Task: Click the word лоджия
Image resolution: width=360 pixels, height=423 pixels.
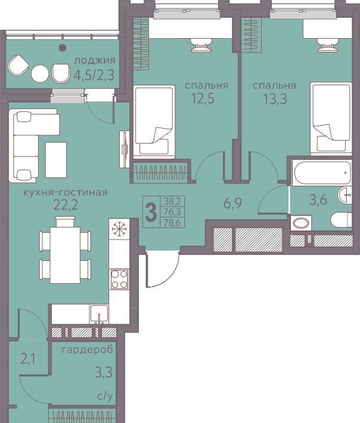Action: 95,60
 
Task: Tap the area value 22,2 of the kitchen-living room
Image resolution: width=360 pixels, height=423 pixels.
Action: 66,205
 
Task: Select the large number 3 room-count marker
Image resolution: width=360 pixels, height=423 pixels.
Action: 151,212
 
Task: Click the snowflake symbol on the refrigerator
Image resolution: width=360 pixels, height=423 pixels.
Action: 119,229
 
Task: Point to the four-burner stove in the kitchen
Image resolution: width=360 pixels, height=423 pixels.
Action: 119,279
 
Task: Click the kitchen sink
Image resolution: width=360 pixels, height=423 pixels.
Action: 100,314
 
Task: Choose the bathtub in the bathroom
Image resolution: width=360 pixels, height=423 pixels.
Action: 322,173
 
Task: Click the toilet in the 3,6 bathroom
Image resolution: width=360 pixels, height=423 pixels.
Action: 342,220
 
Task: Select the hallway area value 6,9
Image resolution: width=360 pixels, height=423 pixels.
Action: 232,203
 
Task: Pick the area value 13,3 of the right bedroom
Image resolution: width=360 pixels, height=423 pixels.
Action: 275,99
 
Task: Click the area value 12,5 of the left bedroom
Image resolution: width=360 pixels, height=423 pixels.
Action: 203,98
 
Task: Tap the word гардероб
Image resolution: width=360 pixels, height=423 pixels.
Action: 87,350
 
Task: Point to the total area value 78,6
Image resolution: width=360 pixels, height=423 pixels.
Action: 172,223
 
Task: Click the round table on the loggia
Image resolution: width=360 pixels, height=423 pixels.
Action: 40,74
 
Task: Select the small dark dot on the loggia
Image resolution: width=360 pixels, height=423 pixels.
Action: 63,48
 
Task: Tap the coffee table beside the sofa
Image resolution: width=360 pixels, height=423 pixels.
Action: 56,160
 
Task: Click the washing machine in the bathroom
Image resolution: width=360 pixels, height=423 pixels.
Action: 301,223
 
